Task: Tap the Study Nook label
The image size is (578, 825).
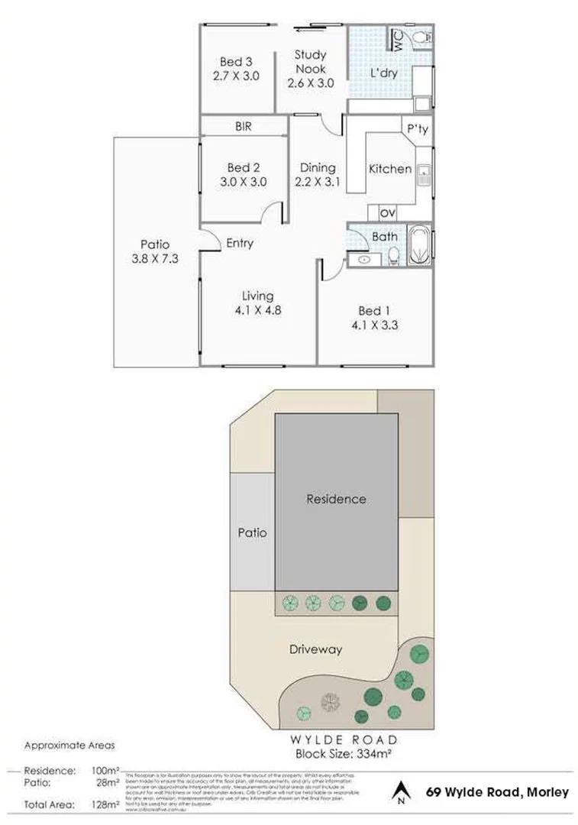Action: [310, 55]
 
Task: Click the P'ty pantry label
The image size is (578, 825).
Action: [417, 130]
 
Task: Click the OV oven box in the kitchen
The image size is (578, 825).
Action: [387, 213]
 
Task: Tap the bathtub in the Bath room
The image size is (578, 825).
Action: [419, 244]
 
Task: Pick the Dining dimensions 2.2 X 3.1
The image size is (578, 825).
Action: [317, 183]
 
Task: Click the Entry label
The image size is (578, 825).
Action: [240, 243]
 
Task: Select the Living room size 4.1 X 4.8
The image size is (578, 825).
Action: [258, 310]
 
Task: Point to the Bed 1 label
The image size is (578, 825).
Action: [374, 310]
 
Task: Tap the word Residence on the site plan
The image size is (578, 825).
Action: [336, 499]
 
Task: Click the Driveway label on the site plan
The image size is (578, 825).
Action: [315, 650]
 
